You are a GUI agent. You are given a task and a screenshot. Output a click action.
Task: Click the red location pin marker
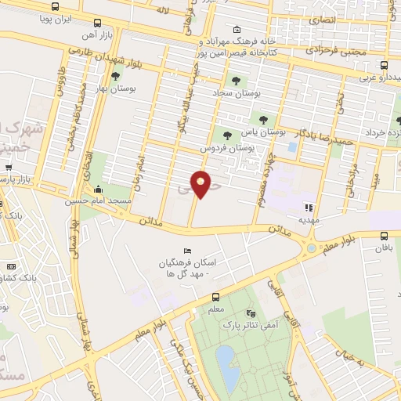coord(201,184)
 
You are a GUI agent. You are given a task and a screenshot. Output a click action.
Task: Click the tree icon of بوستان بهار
coord(116,76)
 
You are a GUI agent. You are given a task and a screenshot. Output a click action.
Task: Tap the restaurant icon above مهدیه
coord(309,208)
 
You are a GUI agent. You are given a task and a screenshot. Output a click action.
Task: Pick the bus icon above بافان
coord(384,236)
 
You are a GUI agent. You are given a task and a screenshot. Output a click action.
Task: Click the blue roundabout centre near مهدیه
coord(311,248)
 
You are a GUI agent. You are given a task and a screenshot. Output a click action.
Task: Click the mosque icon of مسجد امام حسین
coord(97,189)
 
